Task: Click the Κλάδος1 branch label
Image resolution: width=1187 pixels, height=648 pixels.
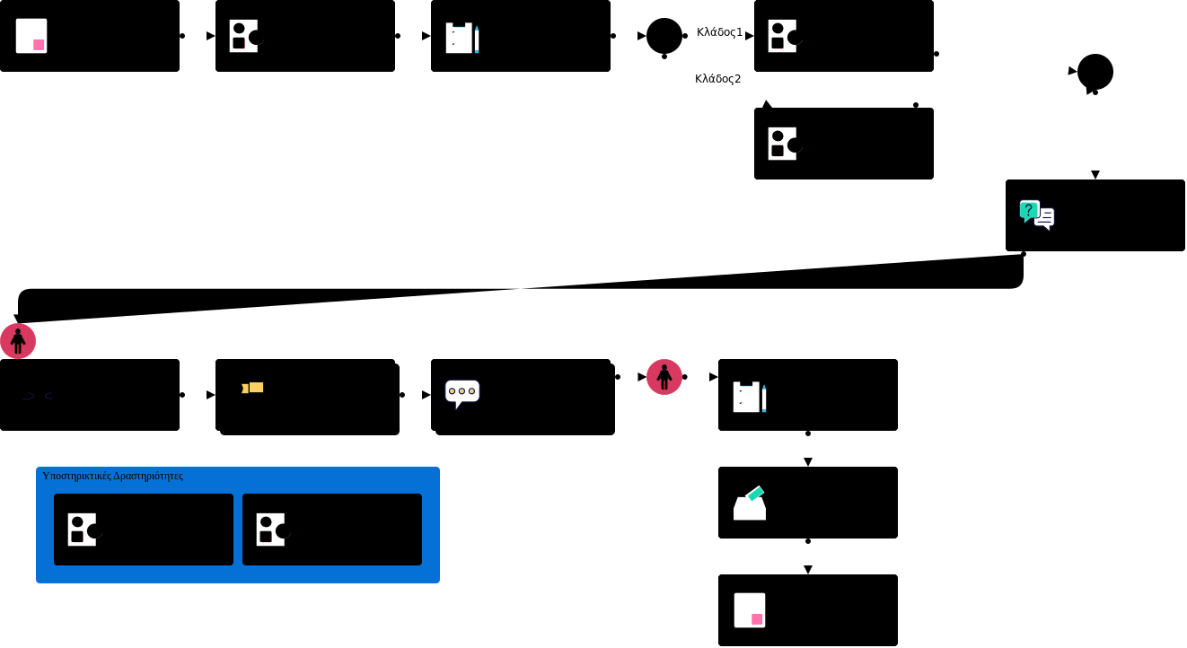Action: click(x=719, y=32)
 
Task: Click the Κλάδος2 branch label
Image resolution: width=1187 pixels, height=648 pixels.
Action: click(x=717, y=79)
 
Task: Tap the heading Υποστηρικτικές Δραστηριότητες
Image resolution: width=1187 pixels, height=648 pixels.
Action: click(x=112, y=476)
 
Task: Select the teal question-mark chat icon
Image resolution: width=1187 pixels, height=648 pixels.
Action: click(x=1029, y=210)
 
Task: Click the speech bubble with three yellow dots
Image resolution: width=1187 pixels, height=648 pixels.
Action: click(x=462, y=392)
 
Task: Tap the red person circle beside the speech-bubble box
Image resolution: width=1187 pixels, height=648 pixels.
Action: click(x=664, y=377)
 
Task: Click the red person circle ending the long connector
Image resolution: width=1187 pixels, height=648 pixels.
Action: click(x=18, y=341)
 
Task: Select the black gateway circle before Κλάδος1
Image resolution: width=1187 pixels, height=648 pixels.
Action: click(x=664, y=36)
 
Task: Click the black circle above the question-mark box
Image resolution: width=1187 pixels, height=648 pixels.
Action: click(x=1095, y=72)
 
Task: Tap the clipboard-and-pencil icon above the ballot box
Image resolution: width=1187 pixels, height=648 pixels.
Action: click(x=749, y=397)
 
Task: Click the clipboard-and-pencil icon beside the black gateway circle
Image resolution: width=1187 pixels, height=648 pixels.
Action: click(x=462, y=38)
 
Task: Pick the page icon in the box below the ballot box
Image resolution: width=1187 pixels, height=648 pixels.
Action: click(x=750, y=610)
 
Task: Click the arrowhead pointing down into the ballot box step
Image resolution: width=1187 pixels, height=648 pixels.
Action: click(x=808, y=462)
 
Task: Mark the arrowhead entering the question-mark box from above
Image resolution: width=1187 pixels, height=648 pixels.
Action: click(x=1095, y=175)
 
